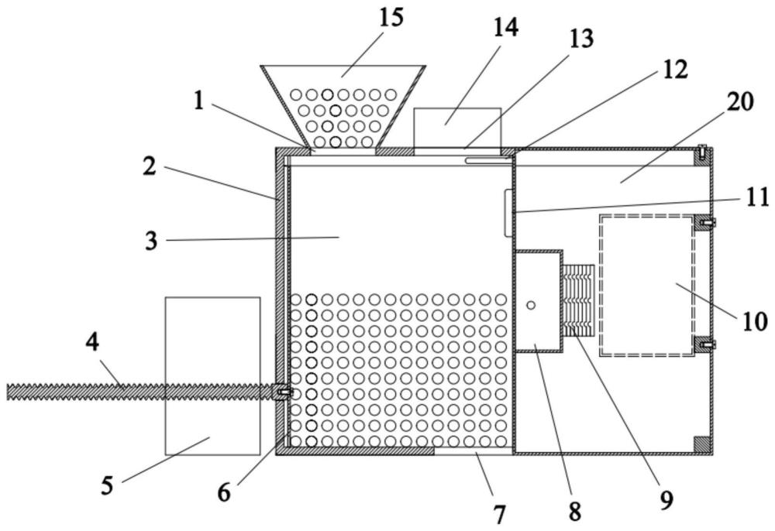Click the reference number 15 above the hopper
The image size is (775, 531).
[391, 18]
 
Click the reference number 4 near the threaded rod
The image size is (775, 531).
[92, 342]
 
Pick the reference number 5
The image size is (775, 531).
[107, 485]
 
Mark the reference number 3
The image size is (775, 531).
[150, 241]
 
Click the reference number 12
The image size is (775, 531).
[674, 69]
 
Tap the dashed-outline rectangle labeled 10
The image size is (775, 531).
[646, 285]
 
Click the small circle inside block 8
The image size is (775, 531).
[531, 305]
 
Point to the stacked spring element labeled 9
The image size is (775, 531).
[577, 300]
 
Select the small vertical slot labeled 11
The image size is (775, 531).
[508, 212]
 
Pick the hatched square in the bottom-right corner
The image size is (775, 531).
[701, 444]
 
